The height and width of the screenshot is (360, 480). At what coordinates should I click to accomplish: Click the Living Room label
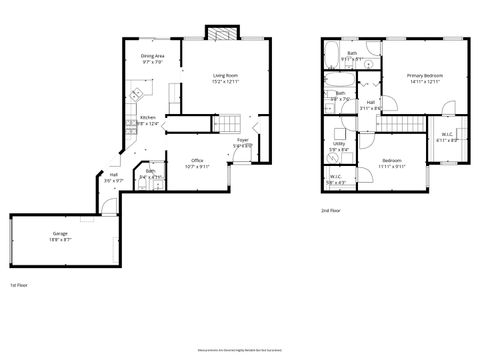pos(225,75)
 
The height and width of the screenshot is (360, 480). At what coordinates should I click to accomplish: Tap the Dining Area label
pos(153,56)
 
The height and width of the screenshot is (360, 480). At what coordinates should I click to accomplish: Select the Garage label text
pos(61,234)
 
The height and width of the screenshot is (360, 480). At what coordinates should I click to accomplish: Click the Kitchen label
pos(147,118)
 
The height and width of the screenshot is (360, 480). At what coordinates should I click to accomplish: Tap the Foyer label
pos(243,140)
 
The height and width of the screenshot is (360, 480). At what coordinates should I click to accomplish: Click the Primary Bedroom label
pos(425,76)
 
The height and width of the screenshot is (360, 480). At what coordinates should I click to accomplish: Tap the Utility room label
pos(339,144)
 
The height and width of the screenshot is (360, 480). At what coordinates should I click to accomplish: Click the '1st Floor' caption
pos(19,285)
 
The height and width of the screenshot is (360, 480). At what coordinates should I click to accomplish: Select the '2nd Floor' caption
pos(330,211)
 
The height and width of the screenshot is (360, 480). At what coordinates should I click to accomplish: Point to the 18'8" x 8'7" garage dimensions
pos(61,240)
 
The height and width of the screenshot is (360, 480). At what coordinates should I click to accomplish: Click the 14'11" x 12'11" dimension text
pos(425,82)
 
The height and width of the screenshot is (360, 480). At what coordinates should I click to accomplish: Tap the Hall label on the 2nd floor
pos(370,102)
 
